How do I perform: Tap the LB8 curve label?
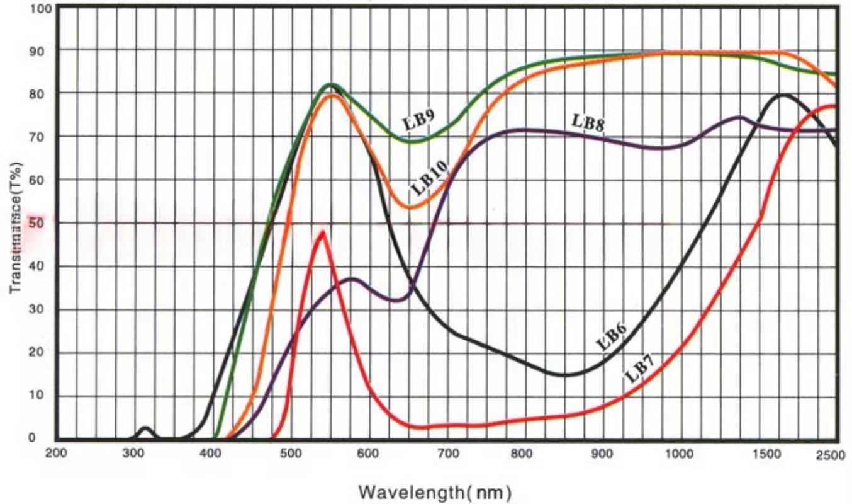coord(588,122)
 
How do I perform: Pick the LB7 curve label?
coord(640,372)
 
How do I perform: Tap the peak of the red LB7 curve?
coord(323,232)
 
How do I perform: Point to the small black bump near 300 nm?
coord(146,428)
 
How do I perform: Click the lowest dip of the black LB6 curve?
coord(565,375)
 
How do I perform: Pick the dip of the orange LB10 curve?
coord(410,207)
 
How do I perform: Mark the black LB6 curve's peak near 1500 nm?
coord(783,95)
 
